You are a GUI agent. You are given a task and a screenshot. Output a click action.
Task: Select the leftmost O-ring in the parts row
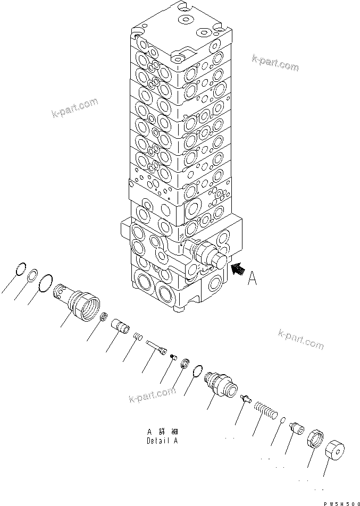(20, 269)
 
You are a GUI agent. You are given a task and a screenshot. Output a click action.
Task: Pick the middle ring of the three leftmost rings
(32, 275)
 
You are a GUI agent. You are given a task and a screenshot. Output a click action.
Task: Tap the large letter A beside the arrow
(254, 278)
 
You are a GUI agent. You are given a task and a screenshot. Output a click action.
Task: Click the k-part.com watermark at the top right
(275, 63)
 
